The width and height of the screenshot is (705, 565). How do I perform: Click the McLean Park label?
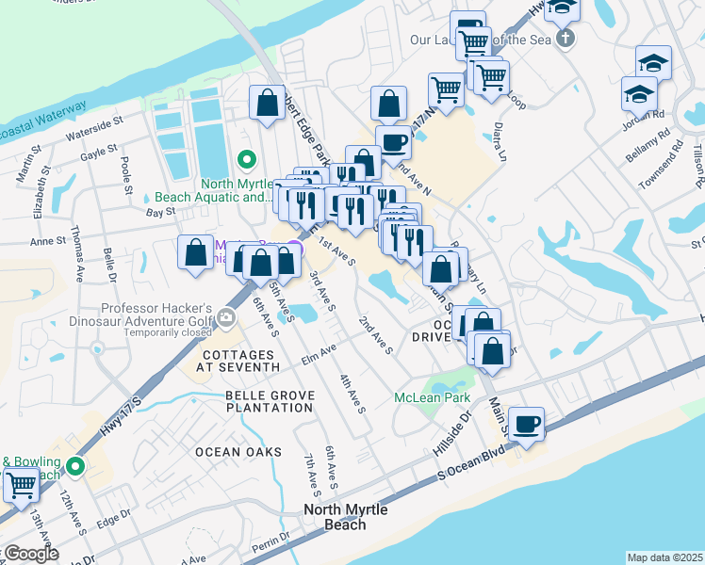click(x=432, y=397)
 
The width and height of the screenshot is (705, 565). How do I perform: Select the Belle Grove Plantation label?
click(x=269, y=401)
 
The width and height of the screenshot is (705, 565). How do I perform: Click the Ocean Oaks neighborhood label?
click(x=238, y=452)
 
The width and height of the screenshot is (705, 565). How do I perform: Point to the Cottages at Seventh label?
click(x=240, y=361)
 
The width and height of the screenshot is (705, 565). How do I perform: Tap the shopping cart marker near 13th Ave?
click(x=21, y=486)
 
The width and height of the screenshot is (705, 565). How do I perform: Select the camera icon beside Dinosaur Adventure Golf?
click(x=226, y=319)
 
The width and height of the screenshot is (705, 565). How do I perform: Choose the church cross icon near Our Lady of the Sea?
click(x=565, y=39)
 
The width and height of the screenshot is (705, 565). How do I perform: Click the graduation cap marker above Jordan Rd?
click(x=653, y=63)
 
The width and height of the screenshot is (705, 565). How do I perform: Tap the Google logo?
click(x=30, y=554)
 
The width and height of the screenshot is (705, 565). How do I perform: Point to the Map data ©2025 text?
click(x=664, y=557)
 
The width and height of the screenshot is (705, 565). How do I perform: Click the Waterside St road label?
click(x=94, y=136)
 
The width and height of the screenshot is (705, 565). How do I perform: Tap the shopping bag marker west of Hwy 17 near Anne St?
click(x=195, y=252)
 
